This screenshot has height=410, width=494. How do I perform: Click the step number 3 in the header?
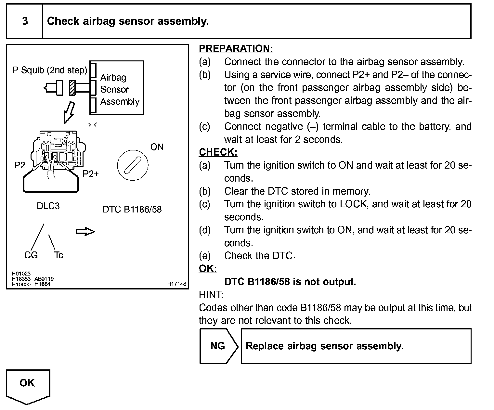25,21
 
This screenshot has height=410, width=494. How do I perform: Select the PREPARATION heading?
236,49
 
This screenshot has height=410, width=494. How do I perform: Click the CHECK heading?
218,152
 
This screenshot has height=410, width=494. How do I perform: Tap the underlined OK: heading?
208,269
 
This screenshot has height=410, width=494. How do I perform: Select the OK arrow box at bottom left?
28,385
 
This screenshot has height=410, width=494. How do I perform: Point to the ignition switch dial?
132,165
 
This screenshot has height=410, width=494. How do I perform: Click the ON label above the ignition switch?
157,147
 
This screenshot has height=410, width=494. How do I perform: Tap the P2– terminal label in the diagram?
22,165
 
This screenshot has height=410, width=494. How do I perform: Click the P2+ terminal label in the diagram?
90,174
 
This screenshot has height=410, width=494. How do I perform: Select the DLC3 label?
48,206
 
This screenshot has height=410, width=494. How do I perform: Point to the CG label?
31,255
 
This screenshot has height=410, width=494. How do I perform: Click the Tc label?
58,255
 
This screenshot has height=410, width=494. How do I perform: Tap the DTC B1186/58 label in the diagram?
132,209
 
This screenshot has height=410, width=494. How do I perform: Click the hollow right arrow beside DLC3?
85,232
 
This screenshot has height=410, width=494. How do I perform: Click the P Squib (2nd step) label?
50,70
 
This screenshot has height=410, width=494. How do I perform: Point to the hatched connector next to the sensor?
72,88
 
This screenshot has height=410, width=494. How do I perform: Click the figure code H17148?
177,284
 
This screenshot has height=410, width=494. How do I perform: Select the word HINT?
211,295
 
